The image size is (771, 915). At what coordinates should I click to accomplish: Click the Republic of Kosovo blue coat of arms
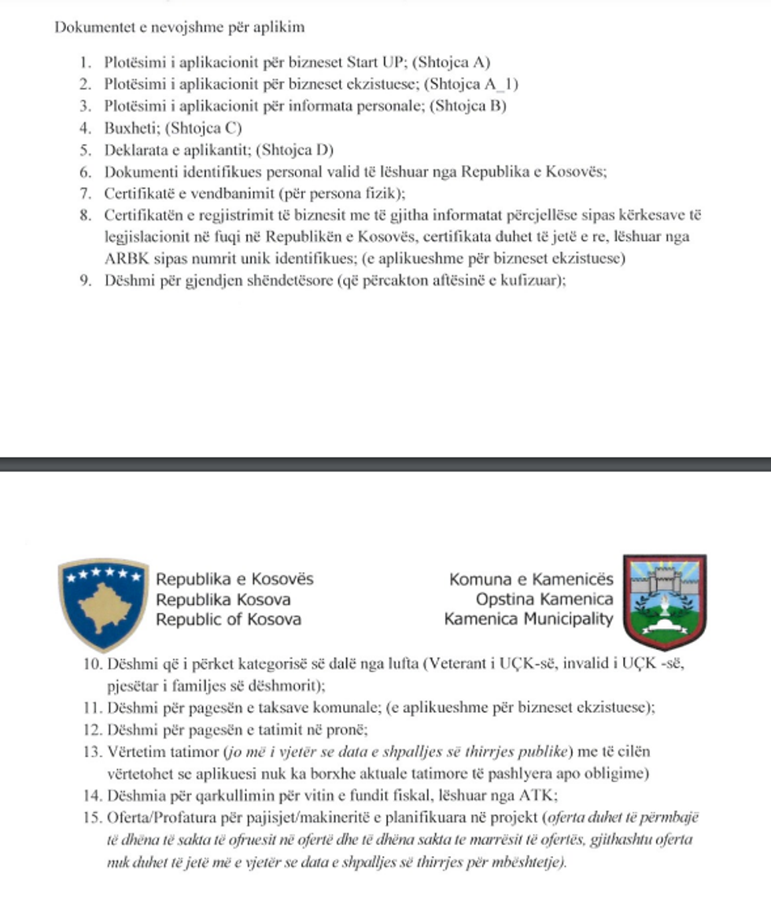(104, 601)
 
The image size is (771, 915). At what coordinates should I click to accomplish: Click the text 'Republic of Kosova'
(228, 619)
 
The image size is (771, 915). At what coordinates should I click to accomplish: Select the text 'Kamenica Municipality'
(529, 619)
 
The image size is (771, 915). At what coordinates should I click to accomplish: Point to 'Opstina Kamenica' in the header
(544, 600)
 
